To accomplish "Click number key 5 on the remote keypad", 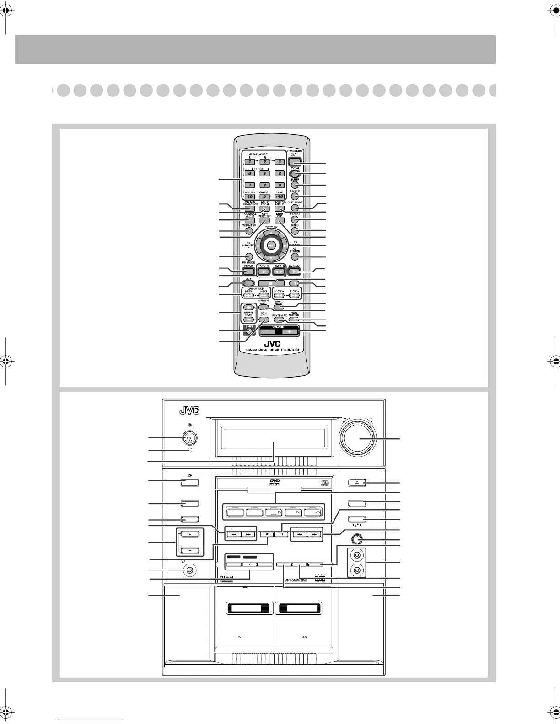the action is point(264,174).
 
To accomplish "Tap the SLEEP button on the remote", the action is point(295,185).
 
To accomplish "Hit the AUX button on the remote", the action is point(248,283).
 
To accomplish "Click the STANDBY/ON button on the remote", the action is point(294,161).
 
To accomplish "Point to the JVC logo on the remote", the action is point(271,343).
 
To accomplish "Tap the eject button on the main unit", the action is point(357,482).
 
